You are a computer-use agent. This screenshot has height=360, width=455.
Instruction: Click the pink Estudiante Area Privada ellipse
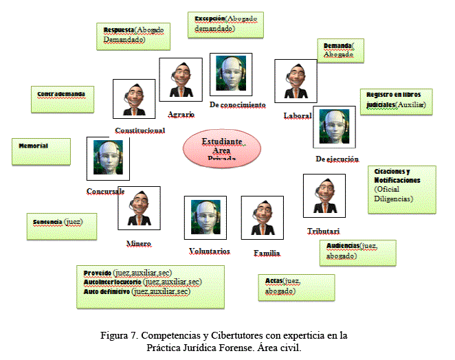point(221,148)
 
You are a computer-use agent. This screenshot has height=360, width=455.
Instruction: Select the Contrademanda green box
point(61,99)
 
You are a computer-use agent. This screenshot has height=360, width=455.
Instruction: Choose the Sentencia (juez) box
point(60,223)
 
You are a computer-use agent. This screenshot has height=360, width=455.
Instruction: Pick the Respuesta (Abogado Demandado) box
point(133,35)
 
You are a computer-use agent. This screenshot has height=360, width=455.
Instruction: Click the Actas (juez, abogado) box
point(296,288)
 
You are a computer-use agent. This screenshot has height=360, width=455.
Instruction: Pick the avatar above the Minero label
point(139,207)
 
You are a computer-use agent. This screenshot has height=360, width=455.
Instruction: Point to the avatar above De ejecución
point(334,127)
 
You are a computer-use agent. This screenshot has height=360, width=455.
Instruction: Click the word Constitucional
point(140,131)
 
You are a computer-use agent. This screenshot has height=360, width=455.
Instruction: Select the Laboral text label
point(297,116)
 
